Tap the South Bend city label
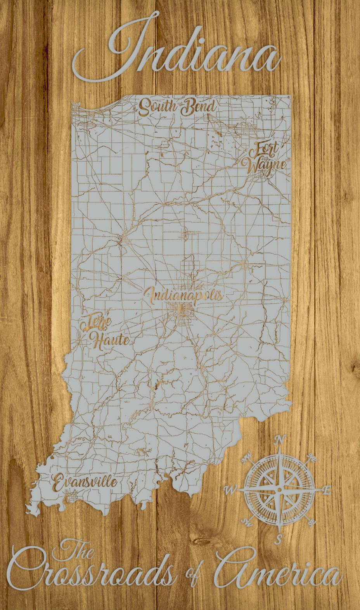tap(177, 107)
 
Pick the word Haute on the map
tap(110, 340)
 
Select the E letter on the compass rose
tap(327, 491)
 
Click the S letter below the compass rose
tap(279, 539)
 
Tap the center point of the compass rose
tap(279, 490)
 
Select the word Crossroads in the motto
tap(93, 576)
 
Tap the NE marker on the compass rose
tap(311, 457)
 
